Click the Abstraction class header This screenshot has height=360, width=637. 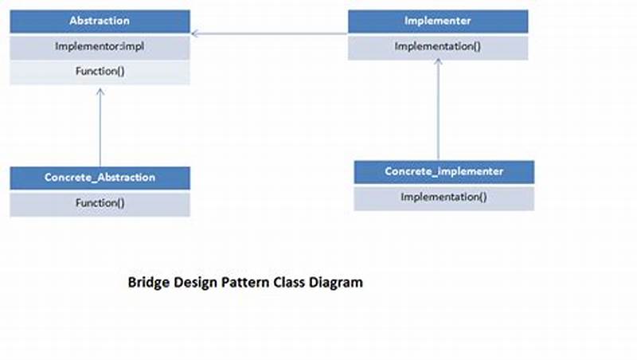pos(100,21)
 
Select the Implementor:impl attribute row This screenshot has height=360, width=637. pos(100,46)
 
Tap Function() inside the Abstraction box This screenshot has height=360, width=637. pos(100,72)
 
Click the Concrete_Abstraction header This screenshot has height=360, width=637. pos(100,178)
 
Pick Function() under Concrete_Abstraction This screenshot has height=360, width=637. pos(100,203)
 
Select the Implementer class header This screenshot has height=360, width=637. pos(437,21)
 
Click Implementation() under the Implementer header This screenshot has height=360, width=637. pos(437,46)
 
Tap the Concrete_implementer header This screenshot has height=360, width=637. pos(444,171)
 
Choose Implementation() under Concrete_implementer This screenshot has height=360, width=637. pos(444,197)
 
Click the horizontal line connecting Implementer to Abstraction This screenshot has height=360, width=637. pos(271,33)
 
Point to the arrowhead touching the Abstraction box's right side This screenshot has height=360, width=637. pos(195,33)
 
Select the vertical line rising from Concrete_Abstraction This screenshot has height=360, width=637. pos(100,131)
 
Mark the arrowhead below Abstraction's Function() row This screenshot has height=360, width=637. pos(100,91)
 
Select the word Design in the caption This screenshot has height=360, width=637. pos(196,282)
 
